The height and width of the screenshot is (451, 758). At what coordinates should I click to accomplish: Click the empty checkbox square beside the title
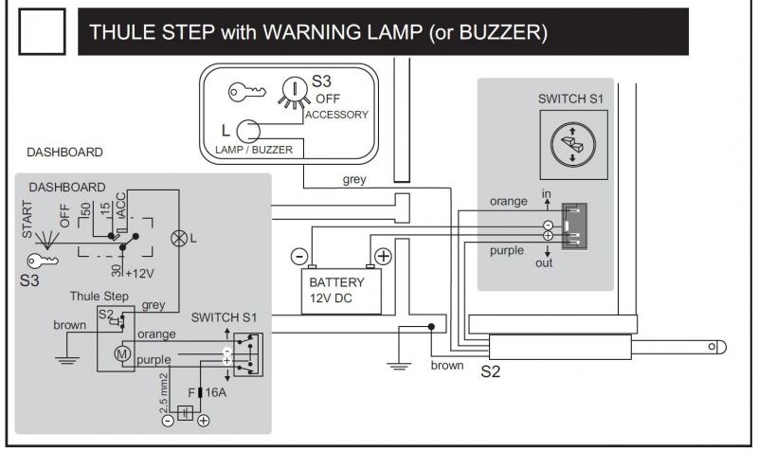click(x=44, y=32)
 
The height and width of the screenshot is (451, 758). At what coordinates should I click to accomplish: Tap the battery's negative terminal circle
click(x=299, y=256)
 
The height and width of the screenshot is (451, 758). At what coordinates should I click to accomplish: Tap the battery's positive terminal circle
click(x=383, y=256)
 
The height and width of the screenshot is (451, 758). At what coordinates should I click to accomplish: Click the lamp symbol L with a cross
click(x=177, y=238)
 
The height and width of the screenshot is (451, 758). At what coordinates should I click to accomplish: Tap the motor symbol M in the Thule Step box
click(x=121, y=353)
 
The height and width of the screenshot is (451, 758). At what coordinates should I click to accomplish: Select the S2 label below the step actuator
click(x=490, y=371)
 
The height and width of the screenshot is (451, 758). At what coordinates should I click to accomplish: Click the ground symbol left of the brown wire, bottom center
click(x=400, y=366)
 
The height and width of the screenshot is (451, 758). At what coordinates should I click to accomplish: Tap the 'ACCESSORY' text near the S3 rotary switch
click(x=336, y=115)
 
